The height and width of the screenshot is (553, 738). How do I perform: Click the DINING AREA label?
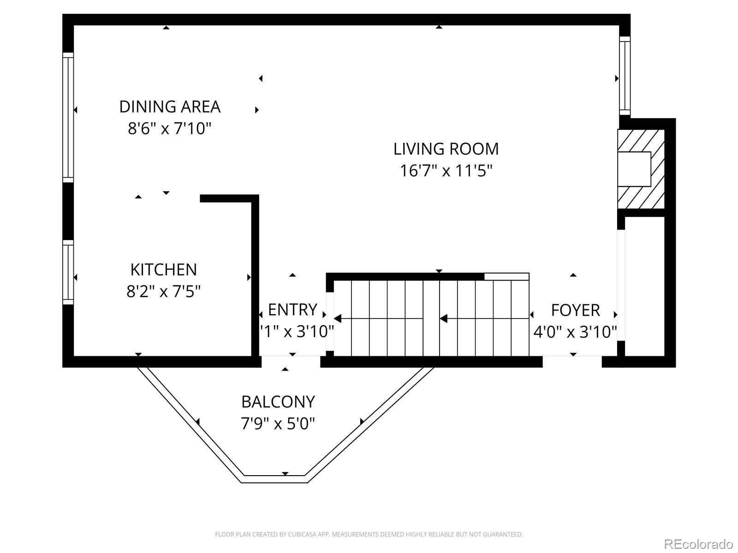pyautogui.click(x=170, y=107)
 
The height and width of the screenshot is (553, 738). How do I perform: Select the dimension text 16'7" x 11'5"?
pyautogui.click(x=446, y=171)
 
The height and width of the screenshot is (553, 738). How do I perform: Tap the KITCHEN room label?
pyautogui.click(x=163, y=270)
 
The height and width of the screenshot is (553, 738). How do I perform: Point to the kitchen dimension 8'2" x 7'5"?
pyautogui.click(x=163, y=291)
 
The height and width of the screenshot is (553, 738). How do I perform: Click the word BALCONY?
pyautogui.click(x=278, y=402)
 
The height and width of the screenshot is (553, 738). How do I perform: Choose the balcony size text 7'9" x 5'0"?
pyautogui.click(x=278, y=423)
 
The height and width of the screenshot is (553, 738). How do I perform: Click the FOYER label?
pyautogui.click(x=575, y=310)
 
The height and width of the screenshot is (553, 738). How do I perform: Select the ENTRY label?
pyautogui.click(x=292, y=310)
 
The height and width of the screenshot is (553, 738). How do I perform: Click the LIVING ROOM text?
pyautogui.click(x=446, y=149)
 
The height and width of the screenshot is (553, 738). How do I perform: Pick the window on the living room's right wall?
pyautogui.click(x=624, y=76)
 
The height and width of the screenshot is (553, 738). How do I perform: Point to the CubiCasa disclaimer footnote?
pyautogui.click(x=369, y=535)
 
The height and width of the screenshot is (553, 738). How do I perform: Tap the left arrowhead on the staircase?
pyautogui.click(x=338, y=318)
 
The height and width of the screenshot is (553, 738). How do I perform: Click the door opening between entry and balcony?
pyautogui.click(x=291, y=361)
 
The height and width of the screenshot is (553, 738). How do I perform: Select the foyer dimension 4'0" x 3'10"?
pyautogui.click(x=575, y=332)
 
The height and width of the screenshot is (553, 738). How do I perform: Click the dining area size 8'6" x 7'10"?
pyautogui.click(x=169, y=128)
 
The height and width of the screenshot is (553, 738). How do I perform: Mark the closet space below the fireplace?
pyautogui.click(x=644, y=286)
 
